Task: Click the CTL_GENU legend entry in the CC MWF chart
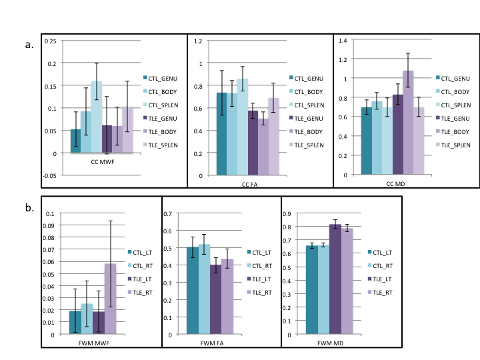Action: point(163,77)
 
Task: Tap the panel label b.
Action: point(29,207)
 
